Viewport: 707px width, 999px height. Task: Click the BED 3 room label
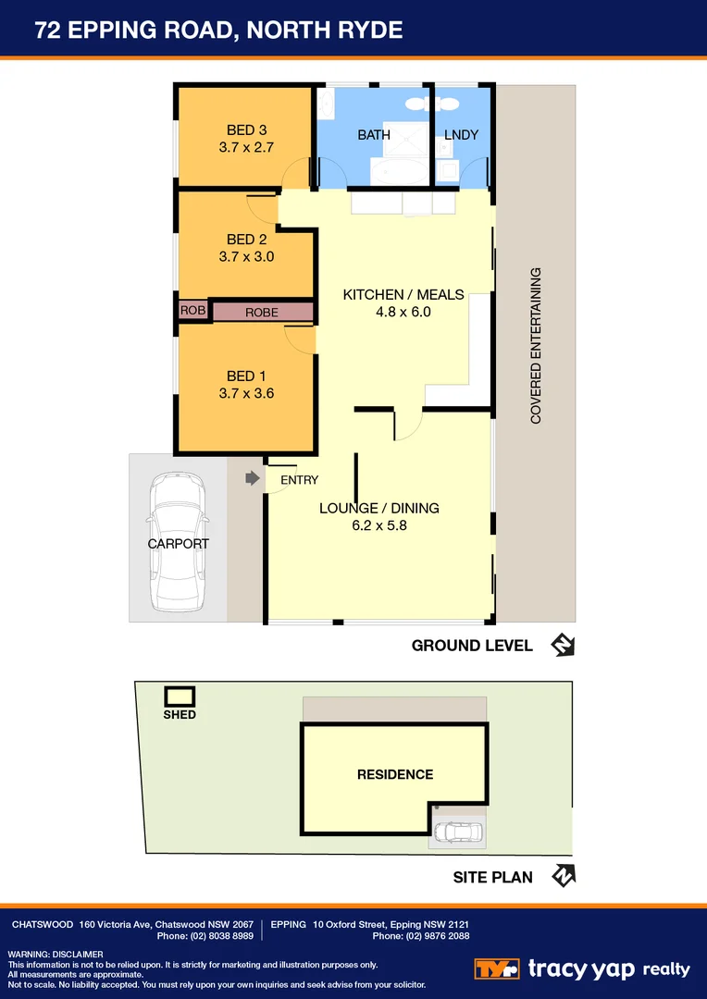coord(246,129)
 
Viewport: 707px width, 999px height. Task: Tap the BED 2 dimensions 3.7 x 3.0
coord(246,257)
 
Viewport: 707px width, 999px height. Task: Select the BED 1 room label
coord(246,376)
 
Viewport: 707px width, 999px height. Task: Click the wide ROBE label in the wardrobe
coord(262,313)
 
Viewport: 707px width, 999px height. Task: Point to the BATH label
coord(374,135)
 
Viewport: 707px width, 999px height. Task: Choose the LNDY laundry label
coord(461,135)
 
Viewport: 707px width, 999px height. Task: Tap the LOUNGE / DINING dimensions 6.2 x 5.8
coord(379,525)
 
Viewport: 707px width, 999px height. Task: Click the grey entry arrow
coord(252,478)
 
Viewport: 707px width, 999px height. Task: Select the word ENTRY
coord(299,480)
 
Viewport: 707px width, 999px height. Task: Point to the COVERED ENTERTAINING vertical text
coord(536,346)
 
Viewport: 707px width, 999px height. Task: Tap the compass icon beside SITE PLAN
coord(563,876)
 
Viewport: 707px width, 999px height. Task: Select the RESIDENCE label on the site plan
coord(395,774)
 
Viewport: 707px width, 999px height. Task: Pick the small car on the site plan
coord(456,832)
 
